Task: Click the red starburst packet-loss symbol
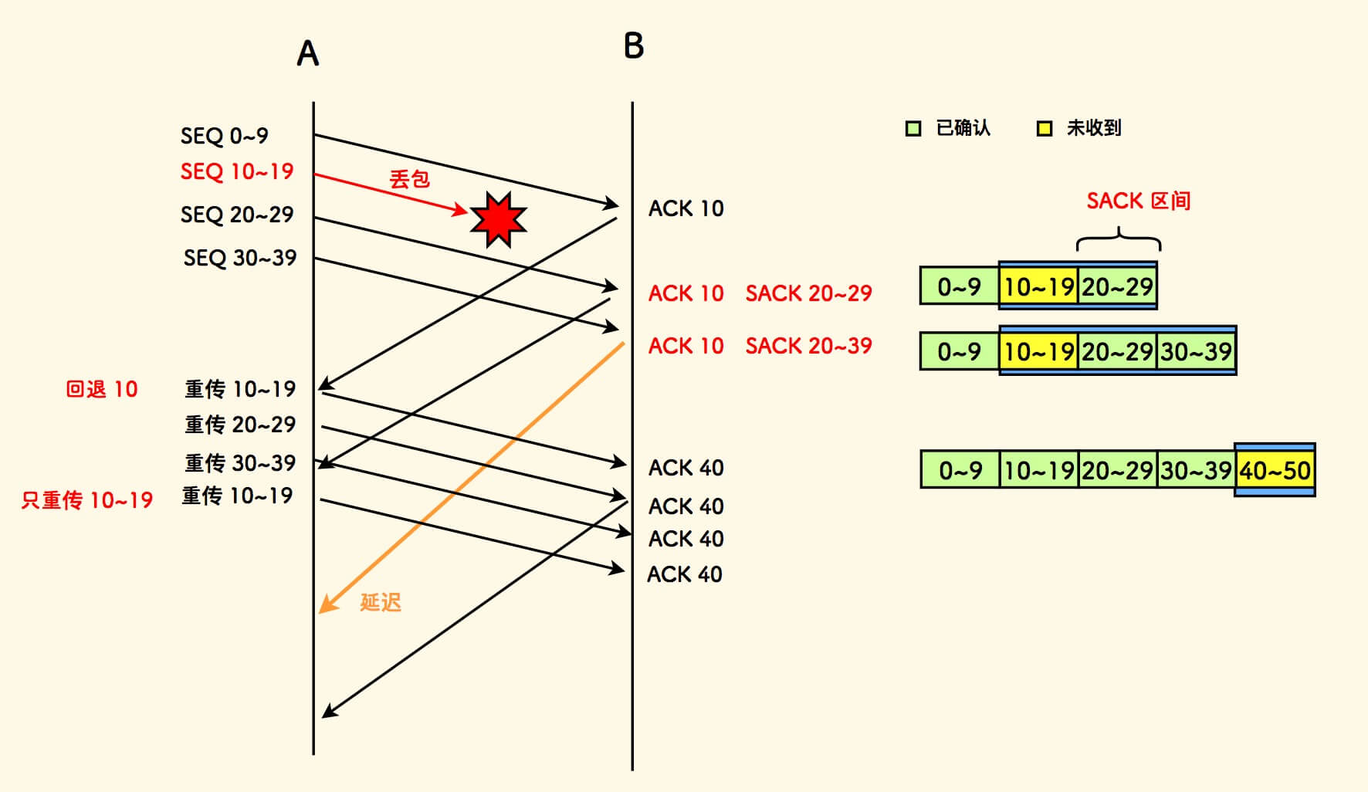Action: [x=498, y=219]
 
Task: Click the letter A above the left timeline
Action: [x=308, y=53]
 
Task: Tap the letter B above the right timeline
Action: [x=634, y=46]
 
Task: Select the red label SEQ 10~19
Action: [x=237, y=171]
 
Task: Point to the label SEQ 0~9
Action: [x=224, y=136]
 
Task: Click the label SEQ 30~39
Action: [x=240, y=258]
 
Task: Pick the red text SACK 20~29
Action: [x=808, y=293]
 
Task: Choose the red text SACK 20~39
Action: [x=808, y=346]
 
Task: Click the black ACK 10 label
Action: [x=686, y=208]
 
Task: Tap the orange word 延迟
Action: [x=381, y=602]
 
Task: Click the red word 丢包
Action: [x=409, y=179]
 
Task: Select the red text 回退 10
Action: [x=102, y=389]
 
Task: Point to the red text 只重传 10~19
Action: [x=87, y=500]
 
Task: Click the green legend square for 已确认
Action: [x=913, y=128]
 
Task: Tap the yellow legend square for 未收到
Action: [x=1045, y=128]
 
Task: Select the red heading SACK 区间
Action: [x=1138, y=201]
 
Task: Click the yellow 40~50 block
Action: [x=1275, y=470]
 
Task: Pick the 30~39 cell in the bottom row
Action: [x=1196, y=470]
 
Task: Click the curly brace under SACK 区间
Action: [x=1119, y=240]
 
